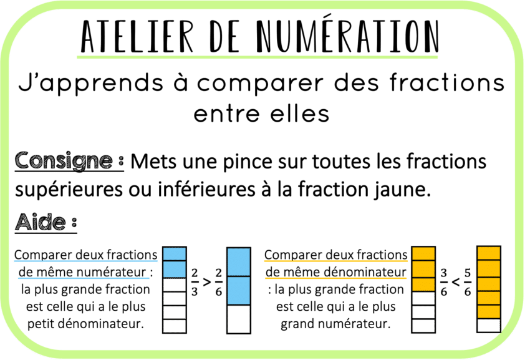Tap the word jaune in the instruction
[x=403, y=189]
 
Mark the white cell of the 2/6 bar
[x=238, y=319]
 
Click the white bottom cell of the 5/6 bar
[x=488, y=325]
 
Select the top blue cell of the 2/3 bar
[x=175, y=254]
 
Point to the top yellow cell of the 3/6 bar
[x=423, y=254]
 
